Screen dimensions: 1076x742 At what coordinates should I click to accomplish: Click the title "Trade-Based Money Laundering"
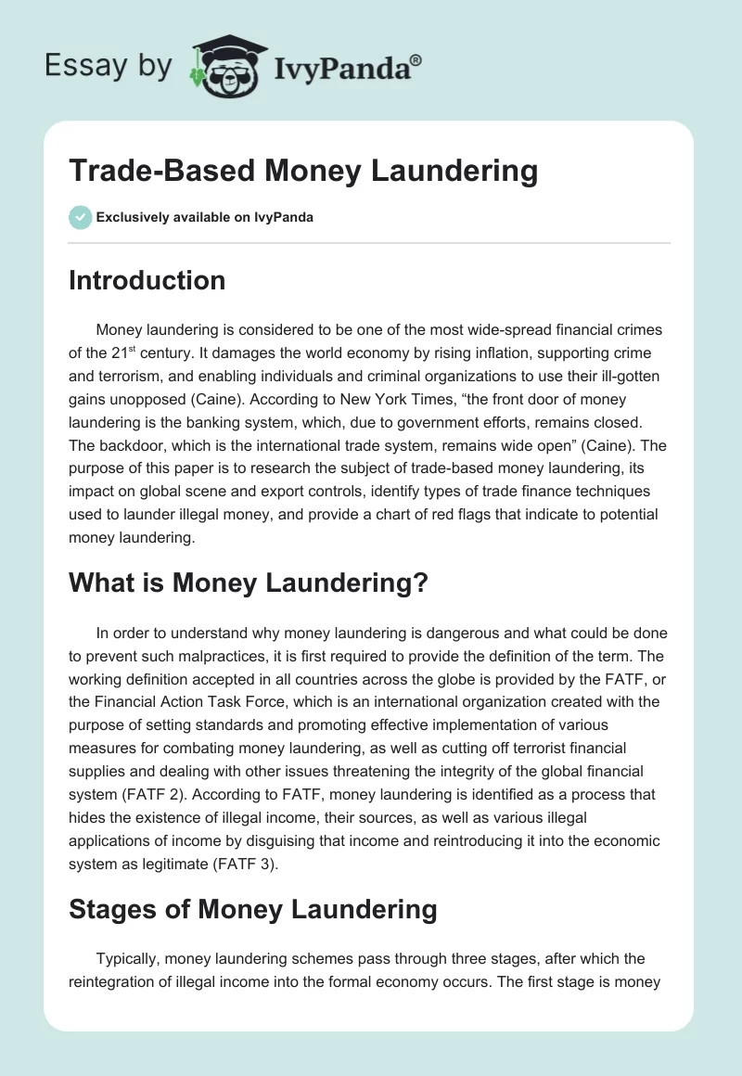[303, 172]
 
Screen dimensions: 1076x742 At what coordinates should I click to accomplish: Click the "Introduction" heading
[147, 280]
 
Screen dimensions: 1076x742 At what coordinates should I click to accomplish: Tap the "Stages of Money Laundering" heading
[252, 909]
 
